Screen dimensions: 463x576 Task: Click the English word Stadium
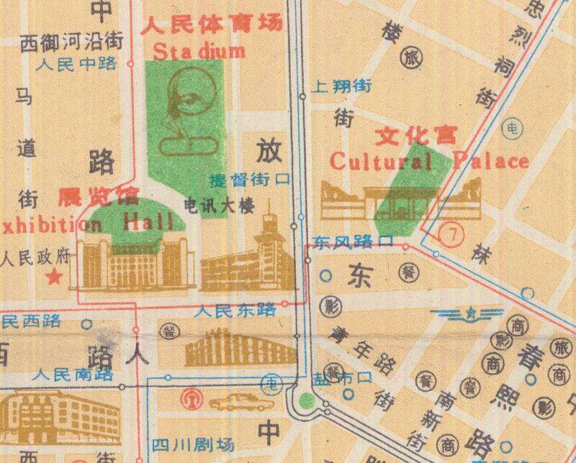[199, 52]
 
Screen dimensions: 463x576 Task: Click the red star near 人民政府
[53, 275]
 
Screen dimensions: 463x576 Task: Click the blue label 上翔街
[343, 87]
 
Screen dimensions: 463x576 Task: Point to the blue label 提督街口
[248, 180]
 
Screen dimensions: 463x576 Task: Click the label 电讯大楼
[220, 206]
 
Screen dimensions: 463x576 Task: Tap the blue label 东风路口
[353, 242]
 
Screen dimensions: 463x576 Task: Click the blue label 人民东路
[235, 311]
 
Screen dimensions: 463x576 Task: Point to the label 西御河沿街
[71, 40]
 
